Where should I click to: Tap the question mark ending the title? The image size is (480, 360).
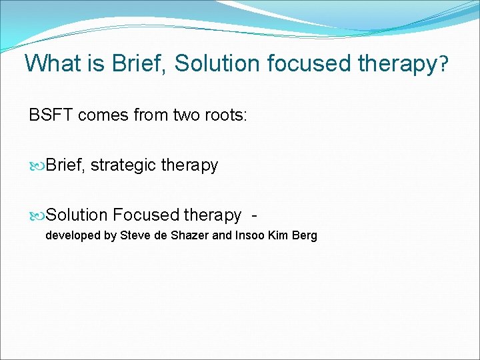point(443,65)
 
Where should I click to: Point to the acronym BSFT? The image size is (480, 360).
point(51,115)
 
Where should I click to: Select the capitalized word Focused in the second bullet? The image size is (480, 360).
point(145,215)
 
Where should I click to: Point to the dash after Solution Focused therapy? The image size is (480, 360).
point(254,215)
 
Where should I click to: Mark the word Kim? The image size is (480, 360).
point(277,236)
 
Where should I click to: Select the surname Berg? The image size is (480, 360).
point(304,236)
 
